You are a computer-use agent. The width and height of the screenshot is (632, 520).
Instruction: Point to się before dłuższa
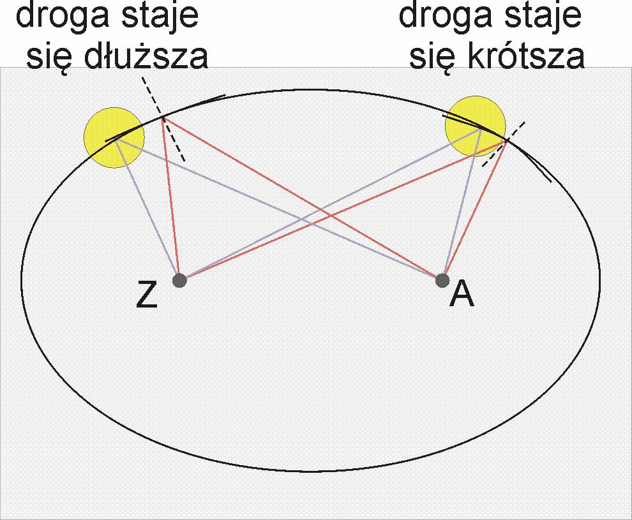pyautogui.click(x=50, y=59)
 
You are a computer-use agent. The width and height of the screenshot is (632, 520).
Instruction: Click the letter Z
pyautogui.click(x=147, y=295)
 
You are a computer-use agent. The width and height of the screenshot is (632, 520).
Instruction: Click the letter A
pyautogui.click(x=462, y=294)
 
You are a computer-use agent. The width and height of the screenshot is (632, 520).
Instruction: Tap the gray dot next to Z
pyautogui.click(x=179, y=280)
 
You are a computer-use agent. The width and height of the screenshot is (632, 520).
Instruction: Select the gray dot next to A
pyautogui.click(x=442, y=280)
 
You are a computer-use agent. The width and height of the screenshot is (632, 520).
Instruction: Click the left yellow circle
pyautogui.click(x=114, y=137)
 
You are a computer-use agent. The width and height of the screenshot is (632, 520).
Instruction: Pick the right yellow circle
pyautogui.click(x=475, y=126)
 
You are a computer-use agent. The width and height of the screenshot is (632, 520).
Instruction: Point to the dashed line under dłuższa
pyautogui.click(x=163, y=119)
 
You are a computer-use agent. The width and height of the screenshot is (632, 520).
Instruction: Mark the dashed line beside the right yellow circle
pyautogui.click(x=504, y=144)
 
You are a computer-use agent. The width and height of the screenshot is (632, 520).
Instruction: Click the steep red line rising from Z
pyautogui.click(x=171, y=198)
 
